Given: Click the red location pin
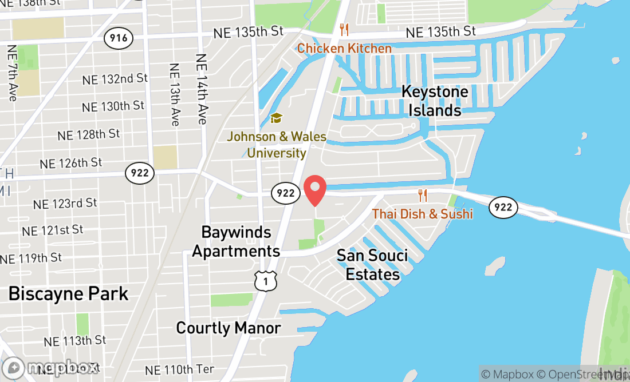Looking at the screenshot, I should point(314,191).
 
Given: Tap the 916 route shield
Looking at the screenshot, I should point(119,39).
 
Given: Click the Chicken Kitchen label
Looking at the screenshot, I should point(344,48).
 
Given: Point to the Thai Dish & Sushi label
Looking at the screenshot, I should point(422,214).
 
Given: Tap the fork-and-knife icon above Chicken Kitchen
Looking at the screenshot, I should point(344,30).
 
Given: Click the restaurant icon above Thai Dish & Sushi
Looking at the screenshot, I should point(423,196).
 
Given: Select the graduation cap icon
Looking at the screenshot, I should point(277,118).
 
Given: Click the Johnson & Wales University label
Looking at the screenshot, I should point(277,145).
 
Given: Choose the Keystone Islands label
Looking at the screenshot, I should point(435,101).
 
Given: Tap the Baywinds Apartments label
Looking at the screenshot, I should point(236,241).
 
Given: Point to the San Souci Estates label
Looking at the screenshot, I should point(372,264).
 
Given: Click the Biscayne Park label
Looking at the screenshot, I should point(68,294).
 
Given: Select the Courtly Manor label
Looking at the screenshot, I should point(228,328).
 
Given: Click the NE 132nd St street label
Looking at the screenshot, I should point(115,79).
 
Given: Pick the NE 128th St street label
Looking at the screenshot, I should point(89,134).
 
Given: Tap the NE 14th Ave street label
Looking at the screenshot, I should point(200,89).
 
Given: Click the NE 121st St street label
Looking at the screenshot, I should point(53,230).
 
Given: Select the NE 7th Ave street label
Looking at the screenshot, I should point(12,73).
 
